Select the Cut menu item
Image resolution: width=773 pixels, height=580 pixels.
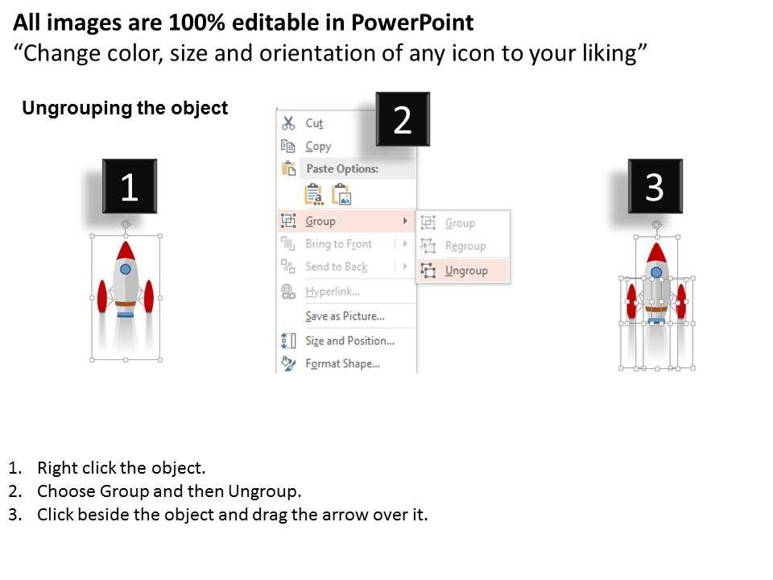[314, 122]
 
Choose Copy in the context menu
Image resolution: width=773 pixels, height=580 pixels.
[318, 146]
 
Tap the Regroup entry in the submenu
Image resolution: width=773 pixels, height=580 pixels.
[465, 246]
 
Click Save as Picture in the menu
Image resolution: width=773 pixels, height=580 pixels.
[345, 316]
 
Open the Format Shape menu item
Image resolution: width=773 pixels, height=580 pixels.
[343, 363]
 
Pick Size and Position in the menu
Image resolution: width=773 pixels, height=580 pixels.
[349, 340]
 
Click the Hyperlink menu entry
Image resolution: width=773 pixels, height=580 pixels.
[333, 291]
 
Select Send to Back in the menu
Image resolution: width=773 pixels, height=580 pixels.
[337, 267]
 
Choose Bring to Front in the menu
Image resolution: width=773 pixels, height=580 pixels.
[338, 243]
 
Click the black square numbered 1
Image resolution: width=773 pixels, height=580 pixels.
[130, 186]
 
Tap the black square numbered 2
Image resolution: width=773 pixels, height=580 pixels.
[403, 119]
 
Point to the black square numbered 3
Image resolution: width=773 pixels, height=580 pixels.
[655, 186]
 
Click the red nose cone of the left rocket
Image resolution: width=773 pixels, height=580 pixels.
[126, 251]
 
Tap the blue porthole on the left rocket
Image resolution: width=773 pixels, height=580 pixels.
[126, 269]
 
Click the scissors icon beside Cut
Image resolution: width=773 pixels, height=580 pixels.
[288, 122]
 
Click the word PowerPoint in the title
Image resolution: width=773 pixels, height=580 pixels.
[412, 23]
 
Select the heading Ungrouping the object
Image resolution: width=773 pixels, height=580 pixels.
[125, 108]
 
